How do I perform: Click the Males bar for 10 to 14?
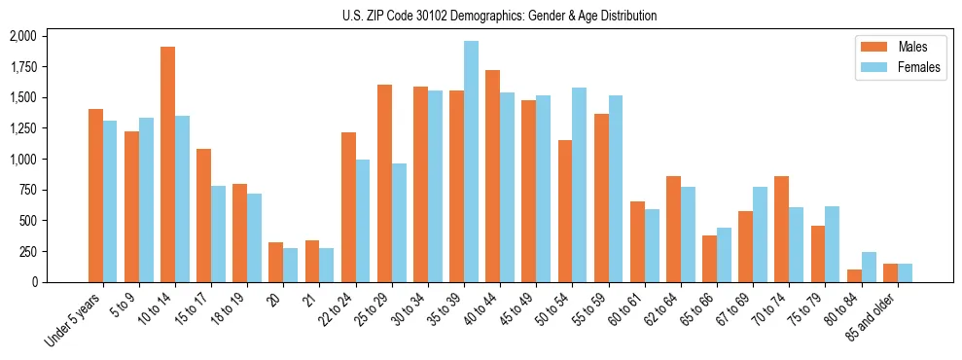point(168,164)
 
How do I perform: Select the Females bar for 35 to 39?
point(472,162)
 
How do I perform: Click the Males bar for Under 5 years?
point(95,196)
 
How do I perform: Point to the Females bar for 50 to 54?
point(580,185)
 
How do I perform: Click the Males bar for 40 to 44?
point(493,176)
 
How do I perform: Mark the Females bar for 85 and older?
point(905,272)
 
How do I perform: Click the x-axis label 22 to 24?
point(334,311)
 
